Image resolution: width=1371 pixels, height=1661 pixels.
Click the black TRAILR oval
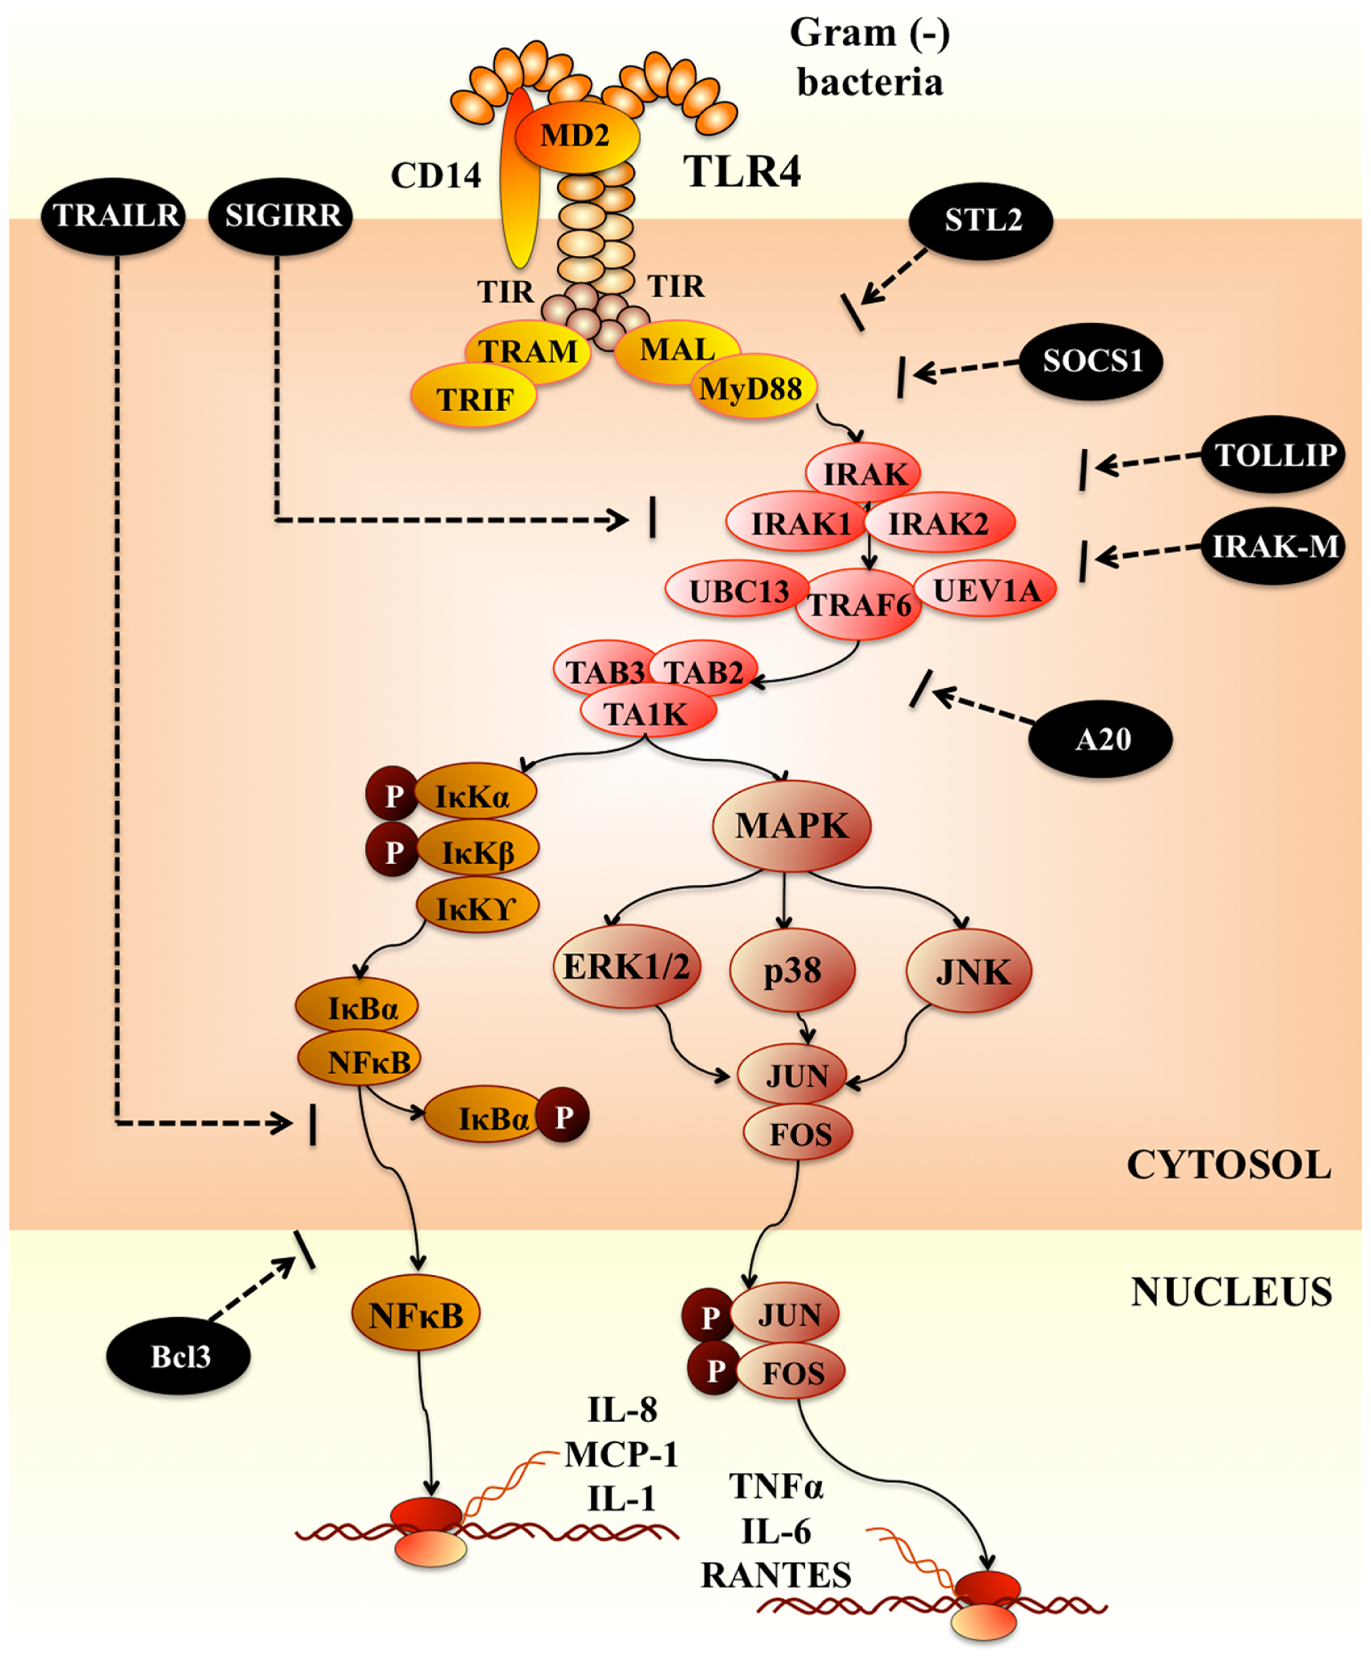pos(115,215)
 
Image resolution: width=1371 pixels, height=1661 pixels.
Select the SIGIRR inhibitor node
pos(281,215)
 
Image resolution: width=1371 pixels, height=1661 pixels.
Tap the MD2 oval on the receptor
pos(577,136)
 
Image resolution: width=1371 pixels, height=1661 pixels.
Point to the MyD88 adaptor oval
pos(751,389)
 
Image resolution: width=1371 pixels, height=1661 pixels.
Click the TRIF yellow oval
pos(474,399)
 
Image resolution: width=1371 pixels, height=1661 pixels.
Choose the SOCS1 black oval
pos(1092,361)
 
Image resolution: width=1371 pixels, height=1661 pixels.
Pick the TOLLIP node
pos(1273,455)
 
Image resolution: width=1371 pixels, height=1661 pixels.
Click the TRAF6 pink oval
pos(859,607)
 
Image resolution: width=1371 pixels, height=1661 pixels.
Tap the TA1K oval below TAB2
pos(647,714)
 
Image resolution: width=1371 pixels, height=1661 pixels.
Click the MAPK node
pos(791,826)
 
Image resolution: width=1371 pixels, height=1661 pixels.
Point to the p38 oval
pos(792,970)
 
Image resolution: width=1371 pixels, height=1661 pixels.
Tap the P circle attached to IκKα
pos(392,796)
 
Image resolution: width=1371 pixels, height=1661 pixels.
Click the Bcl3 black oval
pos(179,1357)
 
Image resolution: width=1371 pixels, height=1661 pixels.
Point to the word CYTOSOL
pos(1229,1165)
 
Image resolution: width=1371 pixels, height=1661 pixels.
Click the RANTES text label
pos(775,1575)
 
